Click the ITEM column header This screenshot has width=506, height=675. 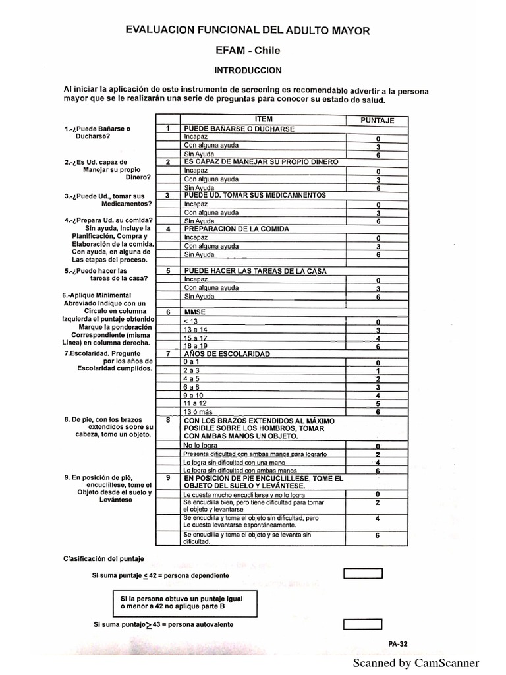pyautogui.click(x=263, y=119)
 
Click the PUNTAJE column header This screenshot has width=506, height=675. pyautogui.click(x=378, y=120)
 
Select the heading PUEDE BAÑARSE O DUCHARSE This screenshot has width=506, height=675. pyautogui.click(x=239, y=129)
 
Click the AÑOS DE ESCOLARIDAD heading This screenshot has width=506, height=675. pyautogui.click(x=227, y=354)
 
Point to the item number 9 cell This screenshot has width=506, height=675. pyautogui.click(x=168, y=478)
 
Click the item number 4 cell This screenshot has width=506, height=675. pyautogui.click(x=168, y=229)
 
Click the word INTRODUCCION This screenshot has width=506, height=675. pyautogui.click(x=248, y=70)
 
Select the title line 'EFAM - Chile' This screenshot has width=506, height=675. pyautogui.click(x=248, y=50)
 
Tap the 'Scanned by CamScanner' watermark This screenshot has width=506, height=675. pyautogui.click(x=416, y=663)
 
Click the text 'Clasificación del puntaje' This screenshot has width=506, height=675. pyautogui.click(x=103, y=559)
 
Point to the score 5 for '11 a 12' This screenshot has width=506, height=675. pyautogui.click(x=378, y=403)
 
